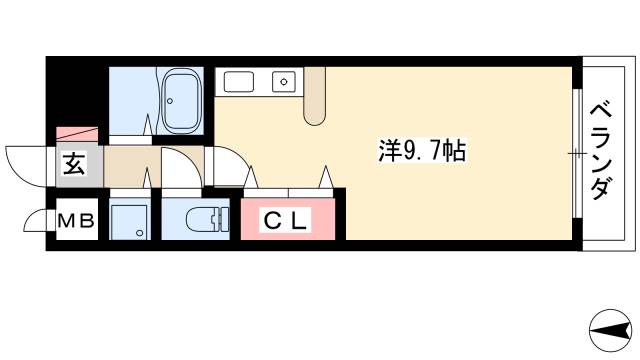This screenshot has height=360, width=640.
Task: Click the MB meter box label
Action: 76,221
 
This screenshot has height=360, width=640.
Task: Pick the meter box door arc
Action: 35,221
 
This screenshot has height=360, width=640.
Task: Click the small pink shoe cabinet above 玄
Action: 78,133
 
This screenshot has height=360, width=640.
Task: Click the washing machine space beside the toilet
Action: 128,219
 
